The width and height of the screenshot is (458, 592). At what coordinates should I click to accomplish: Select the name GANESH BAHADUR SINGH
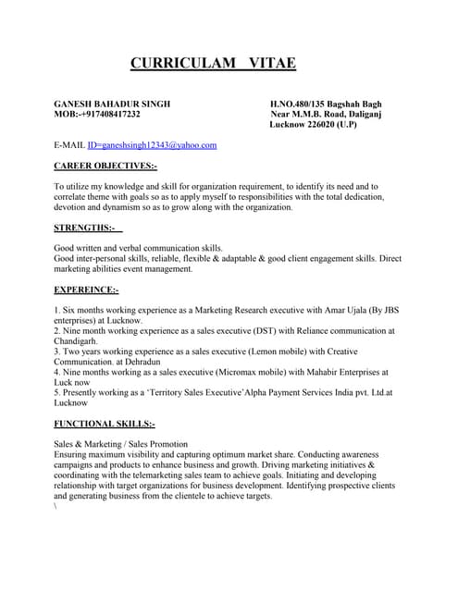pyautogui.click(x=112, y=104)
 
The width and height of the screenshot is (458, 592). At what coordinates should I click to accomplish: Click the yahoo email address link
pyautogui.click(x=153, y=145)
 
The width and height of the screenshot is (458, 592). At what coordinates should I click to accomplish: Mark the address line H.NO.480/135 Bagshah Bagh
pyautogui.click(x=326, y=104)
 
